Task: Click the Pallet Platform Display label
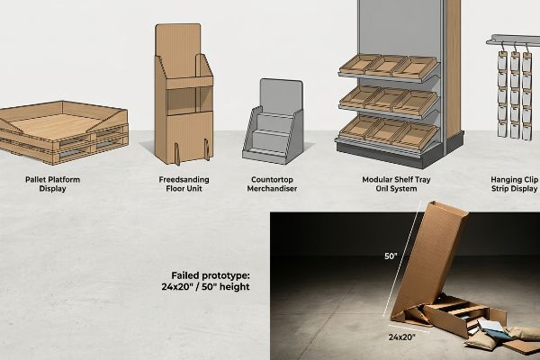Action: point(52,184)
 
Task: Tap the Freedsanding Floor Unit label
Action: point(184,184)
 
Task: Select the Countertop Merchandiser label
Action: point(272,184)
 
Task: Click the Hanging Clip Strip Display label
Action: point(515,184)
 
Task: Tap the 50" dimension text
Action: point(391,256)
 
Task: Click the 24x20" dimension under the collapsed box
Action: point(402,337)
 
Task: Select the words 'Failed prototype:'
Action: point(211,275)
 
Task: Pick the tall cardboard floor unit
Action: point(184,94)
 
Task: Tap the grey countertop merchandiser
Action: point(273,121)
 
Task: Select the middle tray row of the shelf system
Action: point(389,101)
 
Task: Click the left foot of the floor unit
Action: point(177,154)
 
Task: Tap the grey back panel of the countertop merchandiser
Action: point(282,96)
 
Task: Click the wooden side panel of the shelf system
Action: point(453,69)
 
